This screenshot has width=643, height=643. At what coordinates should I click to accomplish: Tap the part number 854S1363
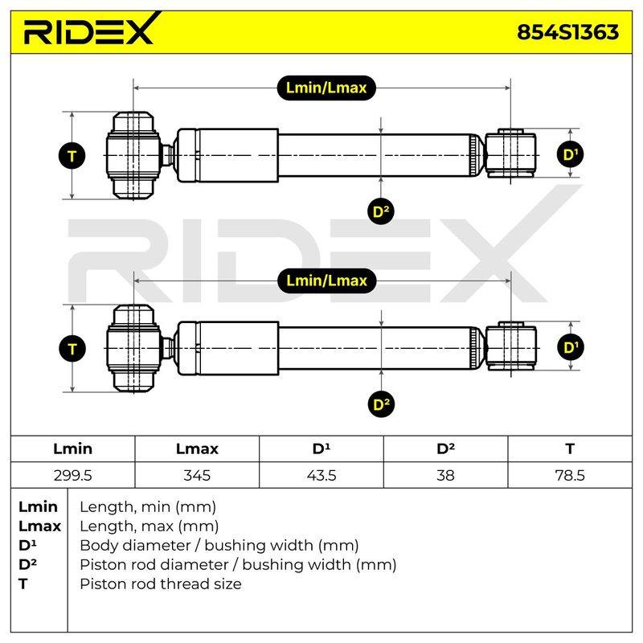point(567,32)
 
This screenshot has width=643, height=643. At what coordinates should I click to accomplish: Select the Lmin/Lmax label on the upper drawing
point(326,88)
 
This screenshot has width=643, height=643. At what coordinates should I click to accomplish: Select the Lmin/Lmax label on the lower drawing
point(327,281)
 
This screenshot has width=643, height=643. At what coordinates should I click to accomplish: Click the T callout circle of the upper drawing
point(72,156)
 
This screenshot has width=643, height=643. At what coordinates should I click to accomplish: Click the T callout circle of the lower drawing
point(72,349)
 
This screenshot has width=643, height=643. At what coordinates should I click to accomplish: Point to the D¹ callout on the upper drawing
point(571,154)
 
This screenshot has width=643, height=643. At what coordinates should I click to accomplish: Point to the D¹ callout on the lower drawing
point(571,347)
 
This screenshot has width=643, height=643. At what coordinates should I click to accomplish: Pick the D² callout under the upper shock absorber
point(381,211)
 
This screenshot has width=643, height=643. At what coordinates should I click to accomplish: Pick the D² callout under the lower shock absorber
point(381,404)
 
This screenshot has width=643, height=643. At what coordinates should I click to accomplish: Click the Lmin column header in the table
point(72,448)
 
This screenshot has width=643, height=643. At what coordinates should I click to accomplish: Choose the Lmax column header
point(197,448)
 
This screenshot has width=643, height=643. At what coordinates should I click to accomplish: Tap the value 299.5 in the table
point(72,475)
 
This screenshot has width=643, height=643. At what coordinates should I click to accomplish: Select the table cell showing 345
point(197,475)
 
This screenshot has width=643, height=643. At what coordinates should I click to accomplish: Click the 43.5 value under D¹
point(321,475)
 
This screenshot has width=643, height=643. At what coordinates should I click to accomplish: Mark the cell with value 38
point(446,475)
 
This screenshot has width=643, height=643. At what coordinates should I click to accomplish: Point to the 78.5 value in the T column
point(570,475)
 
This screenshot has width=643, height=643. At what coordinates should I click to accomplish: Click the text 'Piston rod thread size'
point(161,584)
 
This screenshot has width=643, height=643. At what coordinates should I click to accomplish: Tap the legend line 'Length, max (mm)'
point(149,526)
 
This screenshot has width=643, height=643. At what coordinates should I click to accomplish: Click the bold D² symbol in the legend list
point(27,564)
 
